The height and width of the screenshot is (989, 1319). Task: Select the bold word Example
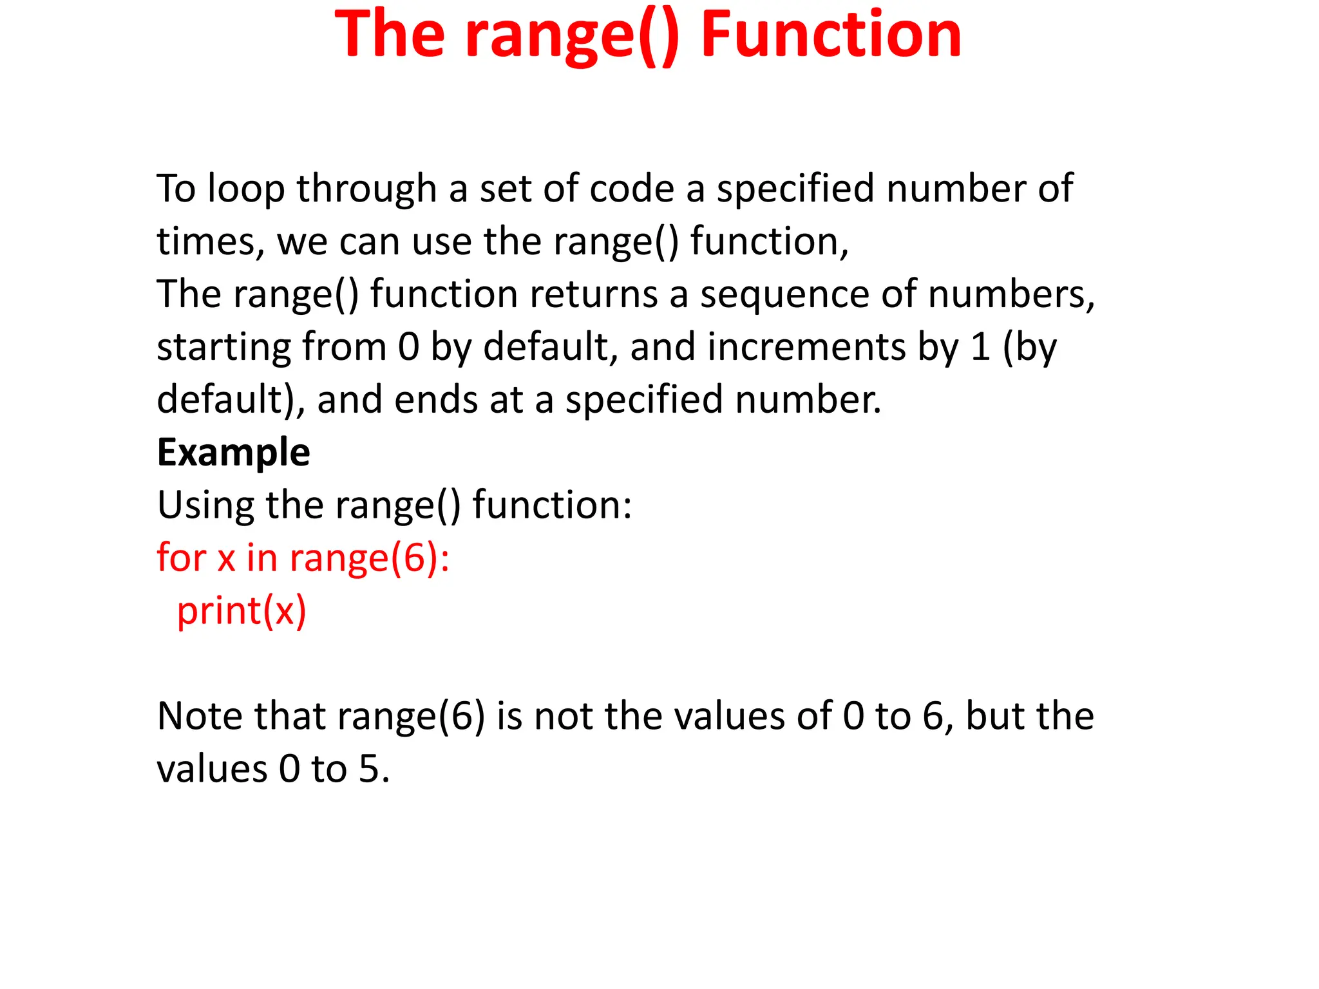pyautogui.click(x=233, y=452)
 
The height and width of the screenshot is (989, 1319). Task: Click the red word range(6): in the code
pyautogui.click(x=369, y=558)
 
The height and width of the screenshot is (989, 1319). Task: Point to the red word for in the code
pyautogui.click(x=182, y=558)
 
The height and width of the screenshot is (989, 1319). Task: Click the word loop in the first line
pyautogui.click(x=246, y=189)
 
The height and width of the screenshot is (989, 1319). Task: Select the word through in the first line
pyautogui.click(x=366, y=189)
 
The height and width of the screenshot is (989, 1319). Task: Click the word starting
pyautogui.click(x=223, y=348)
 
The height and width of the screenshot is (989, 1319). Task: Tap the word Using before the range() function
pyautogui.click(x=205, y=505)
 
